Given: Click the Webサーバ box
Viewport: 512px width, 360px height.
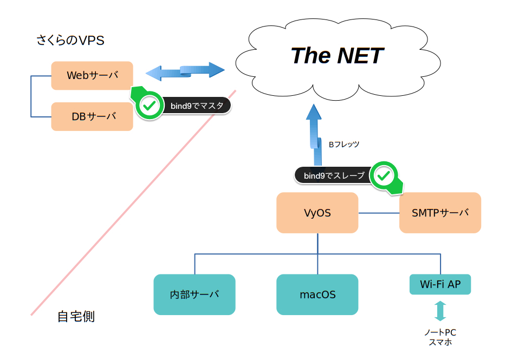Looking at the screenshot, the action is [x=92, y=75].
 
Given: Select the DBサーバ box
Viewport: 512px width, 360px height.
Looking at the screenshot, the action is [x=92, y=116].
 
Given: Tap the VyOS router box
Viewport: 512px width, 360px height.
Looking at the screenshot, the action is [x=317, y=213].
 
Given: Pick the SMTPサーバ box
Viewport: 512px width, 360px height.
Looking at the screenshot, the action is [x=440, y=213].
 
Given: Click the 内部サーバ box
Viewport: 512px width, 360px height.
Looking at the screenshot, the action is [x=195, y=294].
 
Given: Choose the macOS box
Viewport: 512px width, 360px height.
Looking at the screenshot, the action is [x=317, y=294].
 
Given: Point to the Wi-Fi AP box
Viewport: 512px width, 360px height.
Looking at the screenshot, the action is [x=440, y=284].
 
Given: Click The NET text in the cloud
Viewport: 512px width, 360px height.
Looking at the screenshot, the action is [x=338, y=55].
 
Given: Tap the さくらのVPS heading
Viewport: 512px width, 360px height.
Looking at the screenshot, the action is [x=70, y=41].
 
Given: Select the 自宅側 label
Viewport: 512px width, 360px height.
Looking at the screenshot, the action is [x=76, y=317].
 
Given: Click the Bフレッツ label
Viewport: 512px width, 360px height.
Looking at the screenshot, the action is [x=344, y=144].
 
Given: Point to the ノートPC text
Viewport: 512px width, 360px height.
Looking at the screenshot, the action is [x=440, y=332].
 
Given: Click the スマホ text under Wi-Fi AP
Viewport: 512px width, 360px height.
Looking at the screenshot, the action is [x=440, y=342].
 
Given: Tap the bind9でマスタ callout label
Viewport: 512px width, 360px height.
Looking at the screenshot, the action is [x=197, y=106].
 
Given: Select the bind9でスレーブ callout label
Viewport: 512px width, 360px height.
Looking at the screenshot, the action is [x=334, y=175].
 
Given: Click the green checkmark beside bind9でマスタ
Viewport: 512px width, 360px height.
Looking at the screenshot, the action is [x=149, y=106].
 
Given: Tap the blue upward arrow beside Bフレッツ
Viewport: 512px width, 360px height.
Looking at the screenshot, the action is [x=314, y=135].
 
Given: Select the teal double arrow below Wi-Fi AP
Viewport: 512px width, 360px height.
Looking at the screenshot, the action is [x=440, y=311].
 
